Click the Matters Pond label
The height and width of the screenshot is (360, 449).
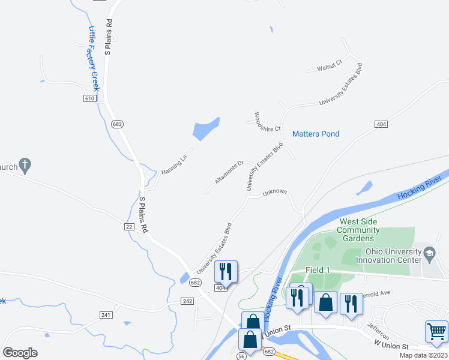pos(316,134)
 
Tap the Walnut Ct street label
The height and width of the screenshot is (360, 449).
pos(330,65)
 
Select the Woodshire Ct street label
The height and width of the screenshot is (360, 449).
pos(267,122)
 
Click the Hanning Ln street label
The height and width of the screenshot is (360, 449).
pos(175,164)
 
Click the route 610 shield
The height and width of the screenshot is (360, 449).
pos(90,98)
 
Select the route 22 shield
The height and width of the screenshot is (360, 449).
pos(129,226)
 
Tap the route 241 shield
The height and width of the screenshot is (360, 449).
pos(107,314)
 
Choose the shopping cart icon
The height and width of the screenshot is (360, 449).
pos(436,331)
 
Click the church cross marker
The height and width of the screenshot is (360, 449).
pos(25,164)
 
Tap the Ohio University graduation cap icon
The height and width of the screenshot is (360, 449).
pos(429,254)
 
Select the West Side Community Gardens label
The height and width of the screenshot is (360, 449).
pos(358,230)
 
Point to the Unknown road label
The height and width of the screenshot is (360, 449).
pos(275,193)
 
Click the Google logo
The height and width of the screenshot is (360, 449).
pos(20,353)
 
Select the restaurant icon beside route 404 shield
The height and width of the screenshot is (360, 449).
pos(226,271)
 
